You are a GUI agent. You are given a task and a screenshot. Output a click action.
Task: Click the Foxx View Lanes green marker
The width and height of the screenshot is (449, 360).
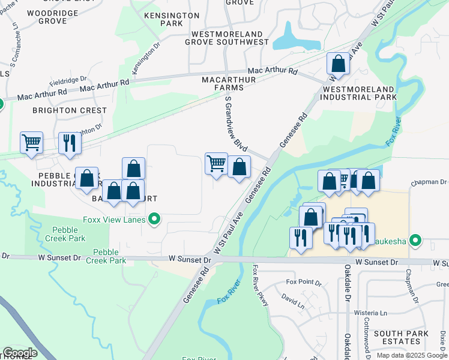(154, 220)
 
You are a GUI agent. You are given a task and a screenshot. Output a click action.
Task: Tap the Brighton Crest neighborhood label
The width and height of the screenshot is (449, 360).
(70, 110)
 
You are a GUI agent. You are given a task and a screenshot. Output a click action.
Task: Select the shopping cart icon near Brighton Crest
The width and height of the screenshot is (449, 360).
(31, 143)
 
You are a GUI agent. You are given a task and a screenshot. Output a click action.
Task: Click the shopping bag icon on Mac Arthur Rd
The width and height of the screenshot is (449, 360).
(338, 64)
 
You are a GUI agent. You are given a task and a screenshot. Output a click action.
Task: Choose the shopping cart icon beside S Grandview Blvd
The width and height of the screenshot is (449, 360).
(216, 163)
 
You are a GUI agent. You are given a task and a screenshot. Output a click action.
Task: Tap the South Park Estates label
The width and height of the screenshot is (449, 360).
(401, 337)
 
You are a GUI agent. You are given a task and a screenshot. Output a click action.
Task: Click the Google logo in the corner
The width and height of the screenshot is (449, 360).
(20, 353)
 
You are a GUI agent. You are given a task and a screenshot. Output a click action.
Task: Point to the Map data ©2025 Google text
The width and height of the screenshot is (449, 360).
(412, 355)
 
